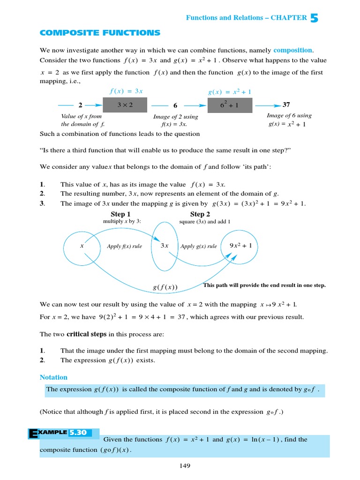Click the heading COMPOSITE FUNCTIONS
click(x=100, y=33)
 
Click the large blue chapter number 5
click(x=314, y=18)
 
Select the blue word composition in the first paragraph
click(x=292, y=50)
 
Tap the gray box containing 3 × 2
click(x=125, y=105)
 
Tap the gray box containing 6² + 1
click(x=229, y=105)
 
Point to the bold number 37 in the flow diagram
click(x=286, y=105)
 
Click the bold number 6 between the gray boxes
click(x=175, y=106)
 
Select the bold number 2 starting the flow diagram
click(x=80, y=106)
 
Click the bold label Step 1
click(x=120, y=214)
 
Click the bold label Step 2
click(x=200, y=214)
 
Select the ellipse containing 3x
click(x=165, y=246)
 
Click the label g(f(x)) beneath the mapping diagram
click(x=165, y=287)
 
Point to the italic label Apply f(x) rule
click(x=124, y=247)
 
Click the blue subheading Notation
click(x=53, y=377)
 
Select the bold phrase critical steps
click(x=86, y=334)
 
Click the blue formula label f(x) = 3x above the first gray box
click(x=126, y=91)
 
